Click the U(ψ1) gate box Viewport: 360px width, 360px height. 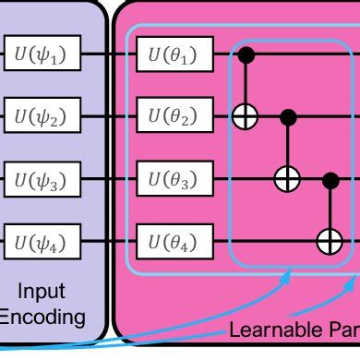(42, 56)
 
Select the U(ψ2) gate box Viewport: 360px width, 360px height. (42, 117)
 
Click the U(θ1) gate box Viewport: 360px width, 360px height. (174, 56)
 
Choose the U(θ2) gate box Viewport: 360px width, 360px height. (174, 117)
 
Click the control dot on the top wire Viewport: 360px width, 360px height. (246, 56)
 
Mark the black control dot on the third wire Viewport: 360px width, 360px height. (329, 179)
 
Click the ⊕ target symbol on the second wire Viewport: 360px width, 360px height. (246, 117)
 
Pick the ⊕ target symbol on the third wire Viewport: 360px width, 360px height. (287, 179)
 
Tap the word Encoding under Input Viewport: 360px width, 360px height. (42, 318)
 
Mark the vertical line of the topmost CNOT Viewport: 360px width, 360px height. (246, 85)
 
